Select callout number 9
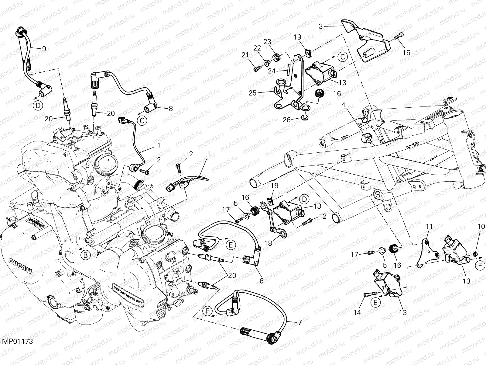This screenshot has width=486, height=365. [x=44, y=48]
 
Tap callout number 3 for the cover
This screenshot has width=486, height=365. [x=321, y=27]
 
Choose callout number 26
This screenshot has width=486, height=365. [x=287, y=120]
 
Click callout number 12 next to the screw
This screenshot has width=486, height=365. [x=323, y=217]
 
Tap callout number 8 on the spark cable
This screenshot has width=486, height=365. [x=171, y=109]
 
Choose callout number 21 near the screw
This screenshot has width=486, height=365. [x=245, y=55]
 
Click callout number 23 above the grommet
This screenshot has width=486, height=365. [x=267, y=42]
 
